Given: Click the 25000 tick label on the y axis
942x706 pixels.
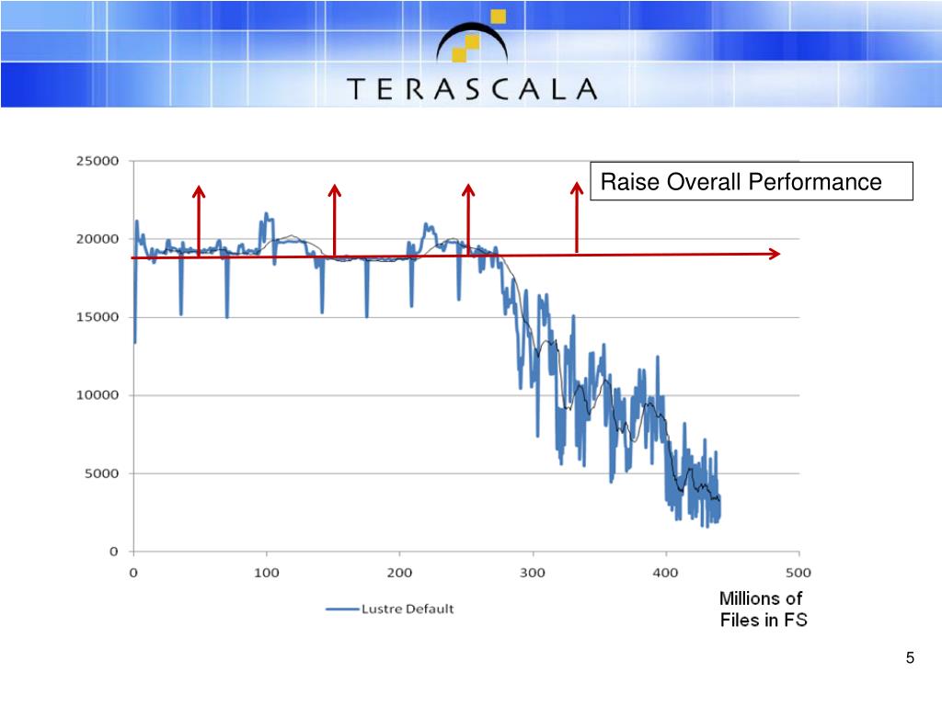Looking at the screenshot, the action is click(98, 161).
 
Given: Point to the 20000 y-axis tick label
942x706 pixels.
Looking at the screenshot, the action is click(98, 239).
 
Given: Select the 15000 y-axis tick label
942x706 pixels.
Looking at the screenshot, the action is click(98, 317).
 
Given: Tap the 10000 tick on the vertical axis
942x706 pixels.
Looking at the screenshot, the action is click(98, 395).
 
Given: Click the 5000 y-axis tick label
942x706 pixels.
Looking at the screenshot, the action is click(101, 473).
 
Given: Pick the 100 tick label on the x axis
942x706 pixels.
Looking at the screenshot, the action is click(266, 573).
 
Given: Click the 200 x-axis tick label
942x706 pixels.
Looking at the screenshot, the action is click(399, 573).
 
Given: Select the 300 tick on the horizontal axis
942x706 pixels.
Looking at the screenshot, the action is click(533, 573).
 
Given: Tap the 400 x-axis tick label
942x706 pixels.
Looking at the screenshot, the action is click(666, 573).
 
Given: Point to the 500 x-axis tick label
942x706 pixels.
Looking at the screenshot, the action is click(798, 573).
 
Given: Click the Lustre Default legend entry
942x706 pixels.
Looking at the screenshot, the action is click(390, 609).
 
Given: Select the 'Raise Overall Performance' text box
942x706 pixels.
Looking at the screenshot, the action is click(752, 181).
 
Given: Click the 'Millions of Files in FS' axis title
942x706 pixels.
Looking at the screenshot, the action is click(763, 609).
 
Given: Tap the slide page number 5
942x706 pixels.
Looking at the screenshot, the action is click(910, 658).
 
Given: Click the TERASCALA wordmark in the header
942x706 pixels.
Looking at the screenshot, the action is click(472, 89).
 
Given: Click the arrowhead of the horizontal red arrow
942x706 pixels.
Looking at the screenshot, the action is click(775, 254).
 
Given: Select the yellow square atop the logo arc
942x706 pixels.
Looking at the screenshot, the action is click(498, 17).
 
